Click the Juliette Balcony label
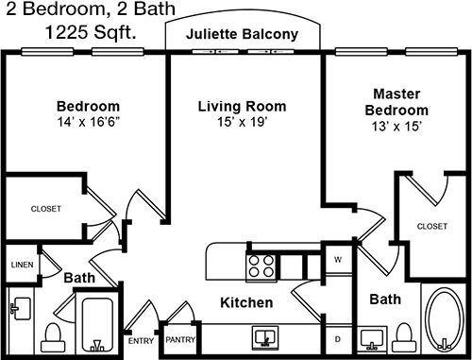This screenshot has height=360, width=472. (242, 34)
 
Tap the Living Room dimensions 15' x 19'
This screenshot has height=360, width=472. (242, 122)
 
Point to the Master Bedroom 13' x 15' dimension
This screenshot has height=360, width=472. (396, 127)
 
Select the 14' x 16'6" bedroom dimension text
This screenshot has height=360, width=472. (89, 122)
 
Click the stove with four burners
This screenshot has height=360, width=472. (261, 266)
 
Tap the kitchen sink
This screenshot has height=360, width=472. (265, 337)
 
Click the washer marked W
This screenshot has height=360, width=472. (338, 260)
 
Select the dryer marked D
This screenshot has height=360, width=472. (338, 339)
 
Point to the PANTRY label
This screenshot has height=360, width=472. (180, 339)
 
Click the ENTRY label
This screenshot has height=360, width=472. (141, 341)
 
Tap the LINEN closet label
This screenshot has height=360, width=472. (22, 265)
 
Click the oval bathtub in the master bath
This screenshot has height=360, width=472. (444, 318)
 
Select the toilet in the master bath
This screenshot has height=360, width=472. (403, 337)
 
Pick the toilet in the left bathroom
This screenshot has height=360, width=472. (53, 337)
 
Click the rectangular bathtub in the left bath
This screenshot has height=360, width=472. (97, 324)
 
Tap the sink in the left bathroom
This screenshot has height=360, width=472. (21, 308)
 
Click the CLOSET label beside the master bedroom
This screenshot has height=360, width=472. (432, 226)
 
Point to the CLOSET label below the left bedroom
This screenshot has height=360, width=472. (46, 209)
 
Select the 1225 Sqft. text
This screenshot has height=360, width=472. (91, 32)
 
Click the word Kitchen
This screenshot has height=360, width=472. (246, 302)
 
